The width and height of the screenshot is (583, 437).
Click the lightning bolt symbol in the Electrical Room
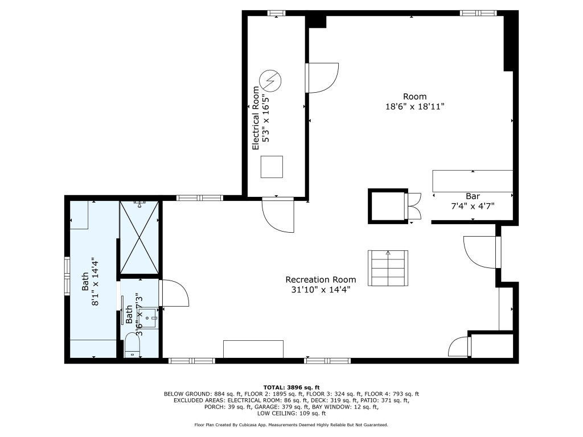click(270, 80)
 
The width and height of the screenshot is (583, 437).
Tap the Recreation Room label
click(321, 279)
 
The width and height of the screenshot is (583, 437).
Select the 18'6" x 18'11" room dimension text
click(415, 106)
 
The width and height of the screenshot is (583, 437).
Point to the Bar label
click(473, 196)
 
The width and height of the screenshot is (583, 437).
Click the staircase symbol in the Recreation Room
click(388, 268)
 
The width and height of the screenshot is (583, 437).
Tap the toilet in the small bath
click(132, 345)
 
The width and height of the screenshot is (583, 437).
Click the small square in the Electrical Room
click(272, 167)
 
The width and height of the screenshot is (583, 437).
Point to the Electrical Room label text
click(256, 118)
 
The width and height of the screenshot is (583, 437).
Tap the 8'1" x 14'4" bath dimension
click(95, 281)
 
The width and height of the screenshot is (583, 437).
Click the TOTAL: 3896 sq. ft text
click(291, 387)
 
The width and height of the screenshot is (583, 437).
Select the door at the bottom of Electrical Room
click(278, 215)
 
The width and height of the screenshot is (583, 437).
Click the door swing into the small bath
click(174, 293)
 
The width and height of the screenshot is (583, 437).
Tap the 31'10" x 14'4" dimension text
click(321, 289)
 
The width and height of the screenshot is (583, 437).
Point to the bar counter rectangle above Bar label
click(473, 182)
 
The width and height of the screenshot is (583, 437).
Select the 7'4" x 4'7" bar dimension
click(473, 206)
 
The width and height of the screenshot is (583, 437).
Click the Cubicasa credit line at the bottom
click(291, 424)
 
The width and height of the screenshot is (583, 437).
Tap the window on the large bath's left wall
click(67, 276)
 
